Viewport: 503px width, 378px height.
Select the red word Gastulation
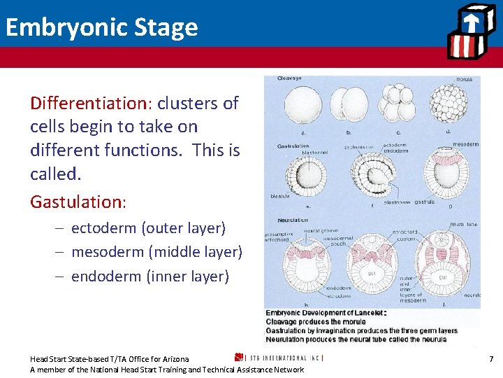click(x=75, y=202)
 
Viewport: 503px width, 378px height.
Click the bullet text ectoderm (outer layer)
click(x=148, y=228)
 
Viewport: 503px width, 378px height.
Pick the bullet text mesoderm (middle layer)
click(x=156, y=252)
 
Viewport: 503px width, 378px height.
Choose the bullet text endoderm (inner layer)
click(x=150, y=276)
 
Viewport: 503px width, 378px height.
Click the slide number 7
click(x=491, y=359)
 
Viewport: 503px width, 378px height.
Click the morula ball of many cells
click(x=448, y=105)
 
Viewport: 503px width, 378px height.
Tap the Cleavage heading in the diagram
click(x=290, y=78)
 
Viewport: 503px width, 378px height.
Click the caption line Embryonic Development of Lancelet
click(x=325, y=313)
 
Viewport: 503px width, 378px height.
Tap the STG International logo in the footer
click(x=279, y=358)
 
